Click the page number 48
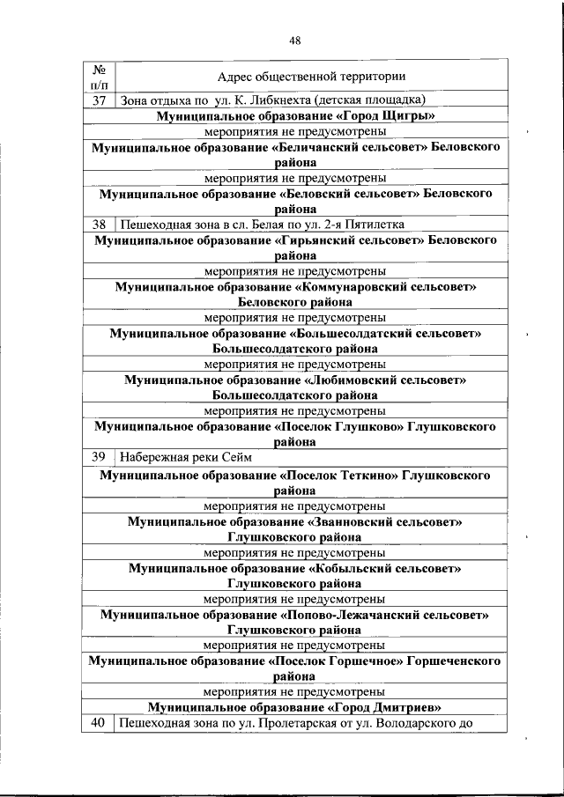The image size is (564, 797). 294,40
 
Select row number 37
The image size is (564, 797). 100,100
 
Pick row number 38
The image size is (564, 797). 100,225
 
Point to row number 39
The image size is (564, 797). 100,456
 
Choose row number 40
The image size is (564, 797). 99,724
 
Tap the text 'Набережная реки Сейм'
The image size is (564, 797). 186,456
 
